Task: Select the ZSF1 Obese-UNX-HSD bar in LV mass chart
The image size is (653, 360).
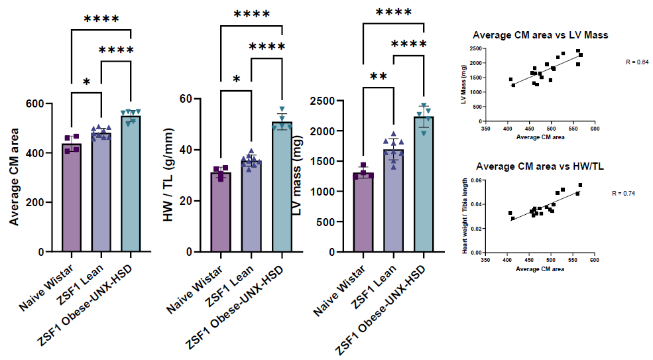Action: click(424, 186)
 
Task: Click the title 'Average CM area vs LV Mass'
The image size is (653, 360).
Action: click(540, 35)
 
